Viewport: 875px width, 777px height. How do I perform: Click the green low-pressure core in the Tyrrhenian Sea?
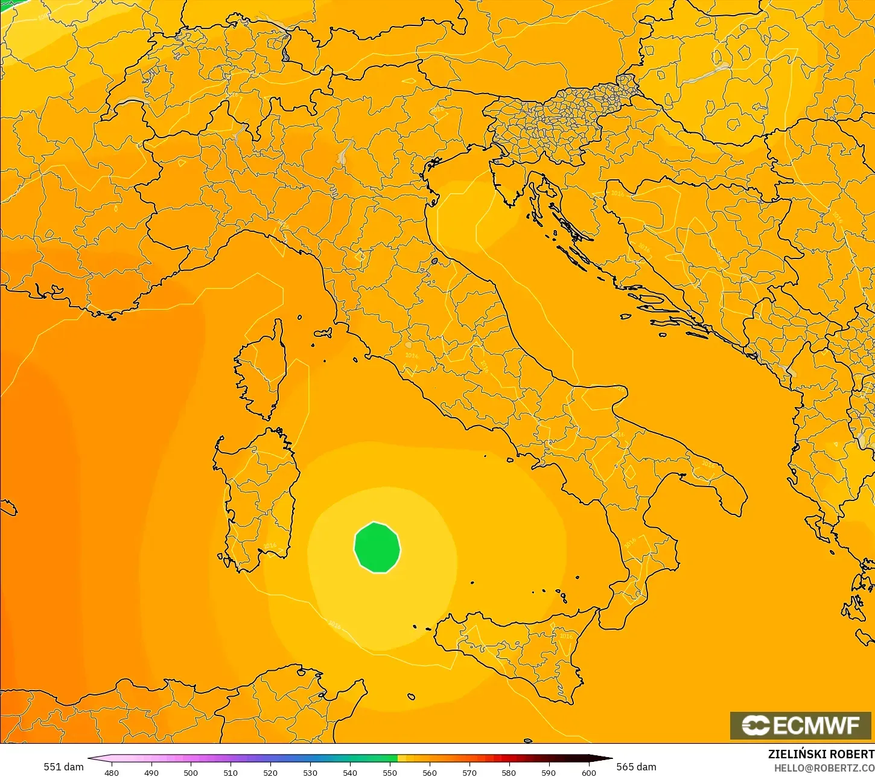point(377,548)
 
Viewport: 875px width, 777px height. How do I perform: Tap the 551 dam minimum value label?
point(63,767)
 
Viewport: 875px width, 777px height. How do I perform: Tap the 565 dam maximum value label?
point(636,767)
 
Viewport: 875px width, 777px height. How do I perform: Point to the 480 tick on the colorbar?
point(112,772)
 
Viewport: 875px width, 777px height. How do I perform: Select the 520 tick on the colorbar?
point(270,772)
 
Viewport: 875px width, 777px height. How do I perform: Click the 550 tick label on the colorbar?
point(390,772)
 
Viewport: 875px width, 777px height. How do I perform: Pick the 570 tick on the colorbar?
point(469,772)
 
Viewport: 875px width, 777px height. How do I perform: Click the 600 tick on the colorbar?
point(588,772)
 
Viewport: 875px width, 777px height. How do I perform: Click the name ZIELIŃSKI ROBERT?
point(821,754)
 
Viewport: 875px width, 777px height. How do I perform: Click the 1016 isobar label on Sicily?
point(566,636)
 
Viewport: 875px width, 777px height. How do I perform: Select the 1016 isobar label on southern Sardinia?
point(269,545)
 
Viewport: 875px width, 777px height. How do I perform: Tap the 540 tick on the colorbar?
point(350,772)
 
